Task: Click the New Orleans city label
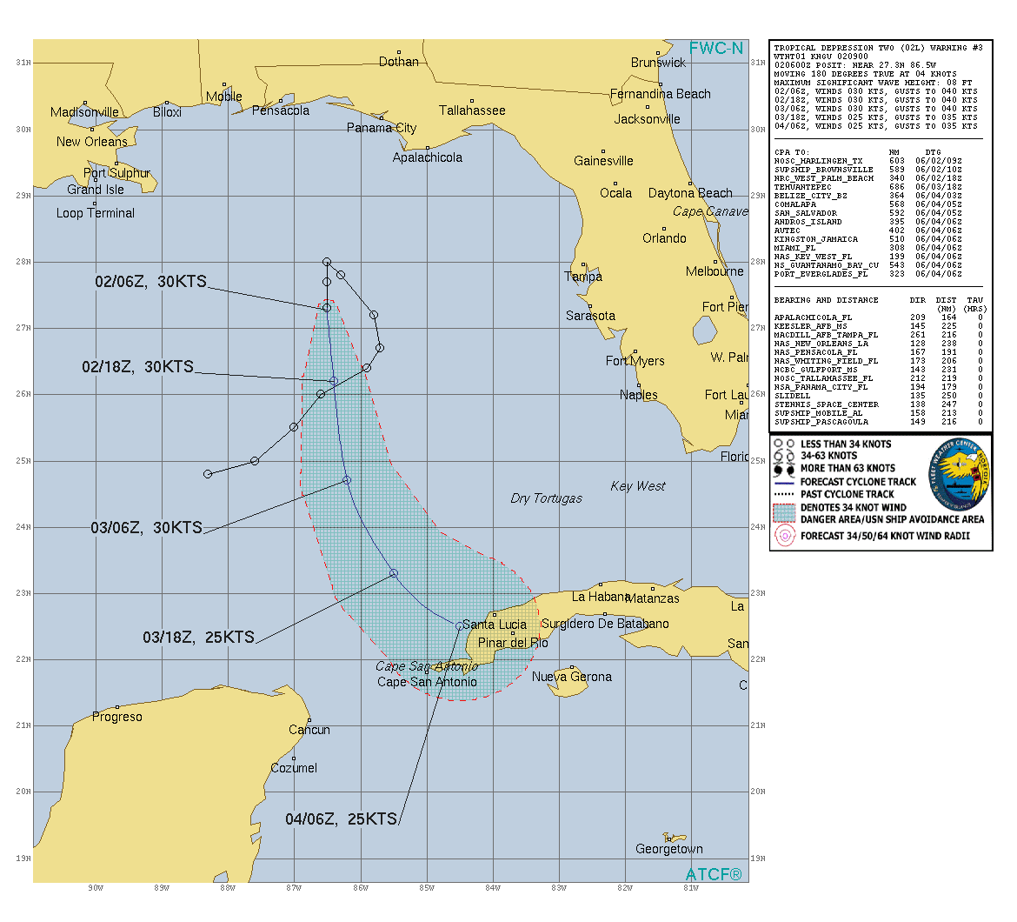click(92, 142)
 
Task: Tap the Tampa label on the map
click(583, 277)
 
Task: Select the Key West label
click(638, 486)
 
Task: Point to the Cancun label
click(309, 730)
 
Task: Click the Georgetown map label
click(669, 849)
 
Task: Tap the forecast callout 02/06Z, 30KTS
click(151, 282)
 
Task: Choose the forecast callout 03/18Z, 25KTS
click(199, 638)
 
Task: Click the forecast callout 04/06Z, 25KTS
click(342, 819)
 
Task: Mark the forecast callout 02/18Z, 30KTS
click(138, 367)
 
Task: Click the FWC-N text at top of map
click(716, 49)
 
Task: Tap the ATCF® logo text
click(714, 874)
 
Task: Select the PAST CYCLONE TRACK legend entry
click(847, 494)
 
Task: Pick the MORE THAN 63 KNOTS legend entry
click(847, 468)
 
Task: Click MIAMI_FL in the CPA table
click(795, 248)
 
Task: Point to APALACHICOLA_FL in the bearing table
click(813, 317)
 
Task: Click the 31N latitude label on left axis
click(23, 63)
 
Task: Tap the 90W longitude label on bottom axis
click(96, 888)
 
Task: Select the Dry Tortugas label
click(546, 498)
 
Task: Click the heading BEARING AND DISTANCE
click(826, 300)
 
